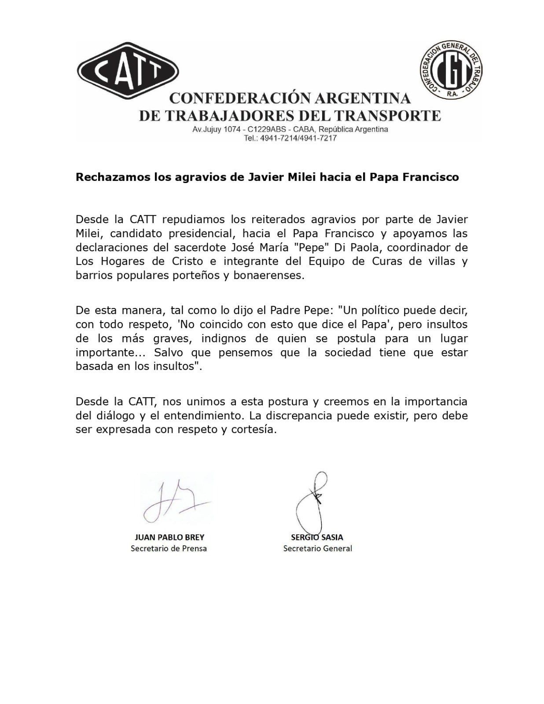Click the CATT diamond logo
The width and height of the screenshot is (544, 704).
[128, 71]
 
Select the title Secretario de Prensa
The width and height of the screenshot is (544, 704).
[169, 549]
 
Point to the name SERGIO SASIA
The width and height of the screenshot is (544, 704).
[317, 537]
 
